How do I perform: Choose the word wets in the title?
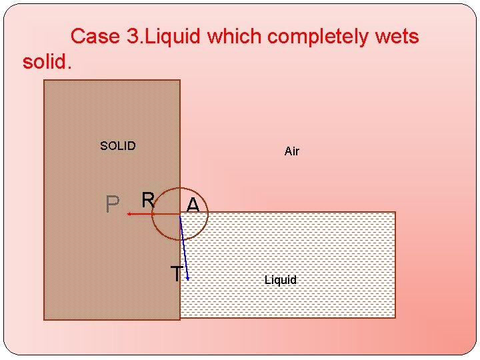click(x=397, y=36)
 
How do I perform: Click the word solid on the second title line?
click(x=46, y=62)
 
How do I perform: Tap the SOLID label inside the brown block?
click(x=117, y=146)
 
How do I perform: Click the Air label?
click(x=292, y=151)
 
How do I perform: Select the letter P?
click(x=113, y=205)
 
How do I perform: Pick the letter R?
click(x=148, y=199)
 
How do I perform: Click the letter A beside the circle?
click(x=193, y=205)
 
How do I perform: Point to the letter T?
click(x=176, y=273)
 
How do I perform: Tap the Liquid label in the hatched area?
click(x=280, y=280)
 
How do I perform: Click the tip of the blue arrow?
click(x=189, y=279)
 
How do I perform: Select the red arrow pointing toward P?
click(x=143, y=214)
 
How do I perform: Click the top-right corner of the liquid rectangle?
click(x=395, y=213)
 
